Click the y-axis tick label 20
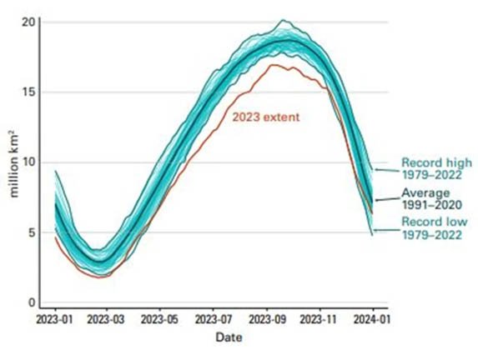click(28, 22)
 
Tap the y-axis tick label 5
click(32, 232)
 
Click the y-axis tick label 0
click(32, 302)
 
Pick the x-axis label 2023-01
click(55, 319)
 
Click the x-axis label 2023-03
click(106, 319)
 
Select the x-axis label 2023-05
click(159, 319)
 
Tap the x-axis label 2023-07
click(214, 319)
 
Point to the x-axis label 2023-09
click(268, 319)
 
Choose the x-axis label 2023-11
click(319, 319)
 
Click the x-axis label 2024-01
click(372, 319)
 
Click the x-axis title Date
click(229, 337)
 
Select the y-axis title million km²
click(14, 164)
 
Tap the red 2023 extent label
click(266, 117)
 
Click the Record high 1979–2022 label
click(436, 168)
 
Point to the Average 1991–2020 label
click(431, 199)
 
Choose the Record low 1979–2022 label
click(435, 228)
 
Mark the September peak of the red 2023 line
click(273, 65)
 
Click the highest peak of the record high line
click(283, 20)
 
